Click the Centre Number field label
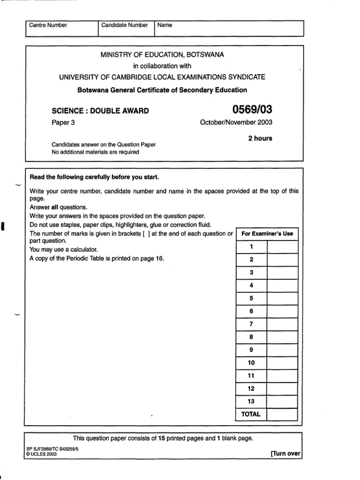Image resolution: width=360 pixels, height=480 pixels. (x=48, y=25)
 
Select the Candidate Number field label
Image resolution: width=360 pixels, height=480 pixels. (x=125, y=25)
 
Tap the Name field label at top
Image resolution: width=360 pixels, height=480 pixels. (x=165, y=25)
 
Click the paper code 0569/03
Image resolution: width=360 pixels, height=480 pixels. (x=252, y=110)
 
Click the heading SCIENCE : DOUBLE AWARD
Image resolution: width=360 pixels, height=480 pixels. (x=100, y=111)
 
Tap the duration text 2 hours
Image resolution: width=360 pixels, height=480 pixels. (x=260, y=138)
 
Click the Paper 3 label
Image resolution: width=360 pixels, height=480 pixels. (x=63, y=123)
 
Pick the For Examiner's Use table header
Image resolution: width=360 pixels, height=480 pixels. (x=267, y=233)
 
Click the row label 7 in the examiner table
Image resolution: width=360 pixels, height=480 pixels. (x=251, y=323)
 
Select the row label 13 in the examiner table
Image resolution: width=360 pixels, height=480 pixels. (x=251, y=401)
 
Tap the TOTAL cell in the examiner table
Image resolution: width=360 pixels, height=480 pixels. (x=251, y=414)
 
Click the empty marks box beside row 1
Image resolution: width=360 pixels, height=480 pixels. (x=282, y=247)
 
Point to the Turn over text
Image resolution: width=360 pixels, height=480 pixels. (x=285, y=454)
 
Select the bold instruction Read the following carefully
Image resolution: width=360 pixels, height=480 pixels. (x=94, y=177)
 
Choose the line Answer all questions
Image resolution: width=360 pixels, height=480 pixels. (x=59, y=207)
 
